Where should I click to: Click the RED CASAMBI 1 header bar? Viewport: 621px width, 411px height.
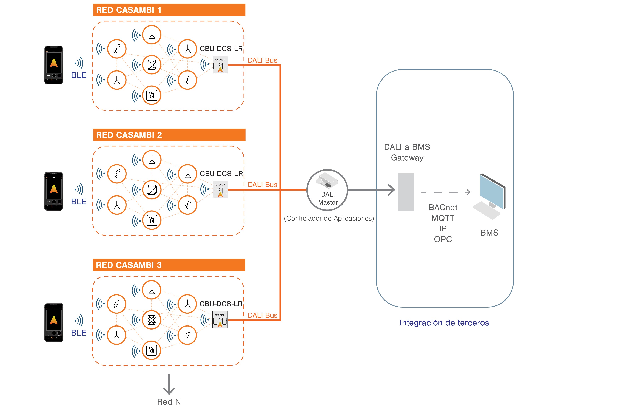coord(169,10)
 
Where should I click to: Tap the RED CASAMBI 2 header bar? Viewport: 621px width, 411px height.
coord(169,135)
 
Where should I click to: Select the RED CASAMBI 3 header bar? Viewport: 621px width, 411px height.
coord(169,265)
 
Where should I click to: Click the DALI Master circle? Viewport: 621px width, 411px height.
coord(327,190)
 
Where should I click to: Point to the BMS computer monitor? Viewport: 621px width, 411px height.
coord(492,191)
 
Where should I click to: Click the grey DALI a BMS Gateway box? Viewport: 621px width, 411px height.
coord(406,192)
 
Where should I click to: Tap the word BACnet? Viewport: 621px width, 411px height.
coord(443,207)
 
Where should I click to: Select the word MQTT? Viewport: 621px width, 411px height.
coord(443,218)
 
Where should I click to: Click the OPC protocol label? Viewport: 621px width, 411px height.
coord(443,239)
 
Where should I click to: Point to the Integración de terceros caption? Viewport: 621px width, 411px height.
coord(444,323)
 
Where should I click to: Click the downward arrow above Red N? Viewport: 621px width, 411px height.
coord(169,384)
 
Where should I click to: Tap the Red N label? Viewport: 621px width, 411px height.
coord(169,402)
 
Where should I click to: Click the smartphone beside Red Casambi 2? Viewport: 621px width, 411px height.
coord(54,191)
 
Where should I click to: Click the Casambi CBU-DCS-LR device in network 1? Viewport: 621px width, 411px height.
coord(220,65)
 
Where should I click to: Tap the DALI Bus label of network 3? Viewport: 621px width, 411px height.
coord(263,315)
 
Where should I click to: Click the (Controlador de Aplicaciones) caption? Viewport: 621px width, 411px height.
coord(329,218)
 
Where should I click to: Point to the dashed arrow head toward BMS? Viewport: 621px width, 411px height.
coord(468,192)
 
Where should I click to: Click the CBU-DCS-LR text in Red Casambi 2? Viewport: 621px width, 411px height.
coord(221,174)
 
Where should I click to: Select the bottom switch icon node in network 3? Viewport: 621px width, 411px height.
coord(152,350)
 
